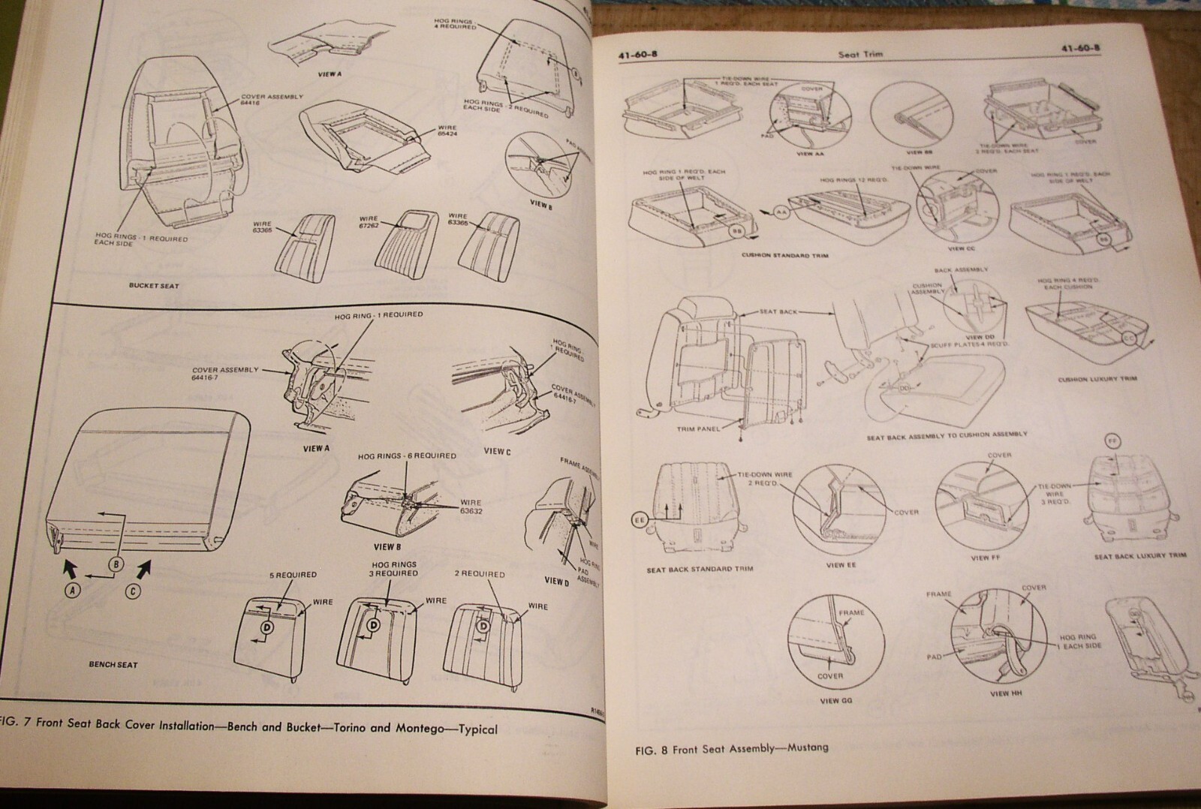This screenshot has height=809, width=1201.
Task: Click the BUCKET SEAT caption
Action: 153,286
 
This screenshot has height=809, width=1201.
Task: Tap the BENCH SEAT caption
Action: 113,664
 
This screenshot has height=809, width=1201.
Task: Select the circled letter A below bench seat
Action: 73,591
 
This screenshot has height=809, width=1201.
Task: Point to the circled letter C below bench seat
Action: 132,591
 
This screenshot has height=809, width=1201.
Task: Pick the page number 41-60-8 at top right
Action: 1080,50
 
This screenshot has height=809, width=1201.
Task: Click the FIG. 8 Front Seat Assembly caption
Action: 731,749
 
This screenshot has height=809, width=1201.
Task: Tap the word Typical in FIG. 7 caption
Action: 477,729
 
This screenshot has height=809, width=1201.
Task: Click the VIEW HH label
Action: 1000,693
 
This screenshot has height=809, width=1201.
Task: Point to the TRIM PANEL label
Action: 698,429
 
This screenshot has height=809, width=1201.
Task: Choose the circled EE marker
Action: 640,519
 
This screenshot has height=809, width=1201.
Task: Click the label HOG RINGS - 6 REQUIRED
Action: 406,456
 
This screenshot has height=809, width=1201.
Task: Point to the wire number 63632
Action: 471,513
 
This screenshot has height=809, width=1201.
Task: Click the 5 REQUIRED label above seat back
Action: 293,575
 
